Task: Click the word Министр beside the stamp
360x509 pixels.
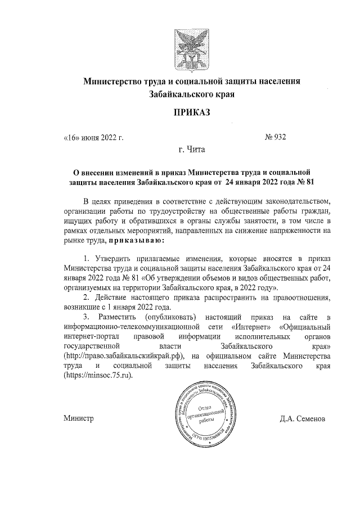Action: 78,420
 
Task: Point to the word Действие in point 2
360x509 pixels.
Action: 111,298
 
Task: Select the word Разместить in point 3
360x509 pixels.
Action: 115,317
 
